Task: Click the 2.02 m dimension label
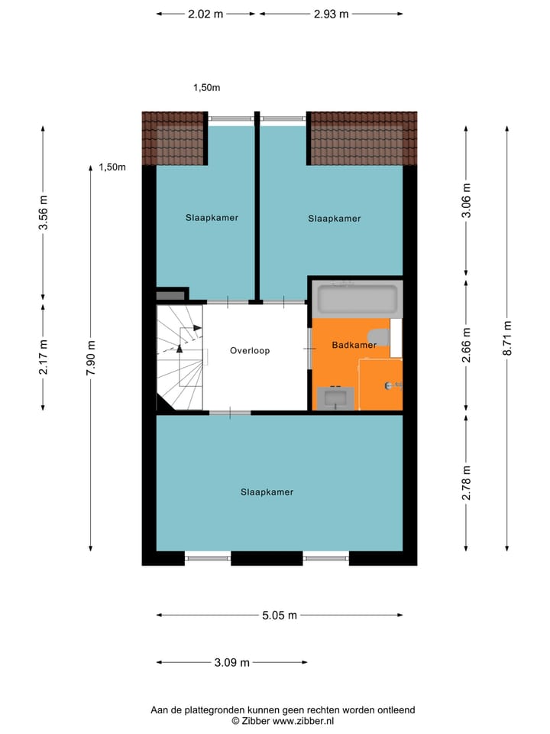click(206, 14)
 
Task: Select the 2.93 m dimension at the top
click(331, 14)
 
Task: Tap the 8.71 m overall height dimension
click(507, 336)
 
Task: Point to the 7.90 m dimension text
click(91, 357)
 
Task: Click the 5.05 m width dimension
click(279, 615)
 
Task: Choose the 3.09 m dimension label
click(231, 663)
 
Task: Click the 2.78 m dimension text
click(466, 483)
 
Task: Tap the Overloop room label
click(251, 351)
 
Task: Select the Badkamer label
click(354, 346)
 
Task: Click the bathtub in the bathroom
click(357, 299)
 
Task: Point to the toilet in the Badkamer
click(378, 337)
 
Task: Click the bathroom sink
click(335, 398)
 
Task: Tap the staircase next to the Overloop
click(182, 357)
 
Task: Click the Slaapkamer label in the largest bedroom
click(267, 492)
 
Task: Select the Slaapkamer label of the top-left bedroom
click(212, 217)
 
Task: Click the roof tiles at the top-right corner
click(363, 138)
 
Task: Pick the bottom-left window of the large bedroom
click(208, 558)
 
